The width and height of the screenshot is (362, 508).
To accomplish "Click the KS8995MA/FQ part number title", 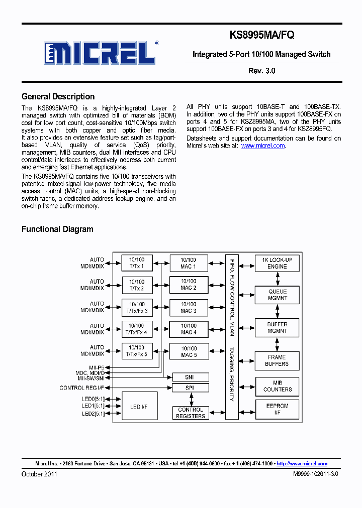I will pos(262,35).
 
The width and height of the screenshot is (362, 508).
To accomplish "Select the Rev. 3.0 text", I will pos(261,71).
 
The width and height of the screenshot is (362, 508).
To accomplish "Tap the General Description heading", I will pos(58,97).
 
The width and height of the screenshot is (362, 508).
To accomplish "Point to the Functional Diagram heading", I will pos(57,229).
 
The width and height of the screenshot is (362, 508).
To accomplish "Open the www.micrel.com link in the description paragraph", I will pos(263,146).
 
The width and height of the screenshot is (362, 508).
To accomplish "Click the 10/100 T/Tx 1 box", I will pos(137,263).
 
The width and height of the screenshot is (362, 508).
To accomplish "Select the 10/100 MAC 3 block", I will pos(188,307).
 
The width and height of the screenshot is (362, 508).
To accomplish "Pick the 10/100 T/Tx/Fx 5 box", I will pos(137,350).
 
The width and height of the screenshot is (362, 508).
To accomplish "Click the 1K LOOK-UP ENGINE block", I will pos(277,263).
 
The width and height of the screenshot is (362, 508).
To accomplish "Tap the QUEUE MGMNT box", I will pos(277,295).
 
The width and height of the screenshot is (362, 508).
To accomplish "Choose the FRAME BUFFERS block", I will pos(277,360).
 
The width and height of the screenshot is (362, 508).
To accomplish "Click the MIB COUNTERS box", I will pos(277,386).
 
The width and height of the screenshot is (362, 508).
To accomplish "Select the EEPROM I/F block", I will pos(277,409).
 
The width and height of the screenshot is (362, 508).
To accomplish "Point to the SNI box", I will pos(190,377).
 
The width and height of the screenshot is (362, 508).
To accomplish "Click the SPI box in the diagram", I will pos(190,388).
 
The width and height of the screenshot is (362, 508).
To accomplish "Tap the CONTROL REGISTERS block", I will pos(190,413).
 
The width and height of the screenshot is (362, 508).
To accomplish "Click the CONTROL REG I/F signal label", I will pos(82,388).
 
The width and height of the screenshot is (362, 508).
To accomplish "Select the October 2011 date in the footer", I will pos(39,474).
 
